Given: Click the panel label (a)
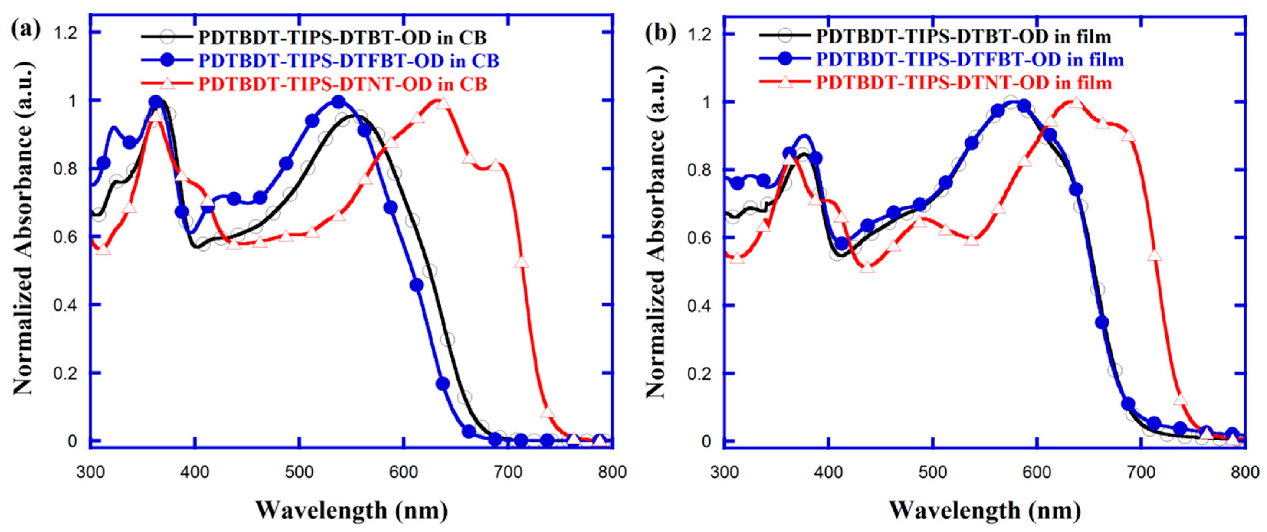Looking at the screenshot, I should (x=26, y=31).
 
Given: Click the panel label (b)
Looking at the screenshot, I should (x=660, y=33).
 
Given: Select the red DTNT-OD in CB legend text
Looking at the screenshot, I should (x=343, y=84).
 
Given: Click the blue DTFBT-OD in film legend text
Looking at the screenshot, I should (x=970, y=60).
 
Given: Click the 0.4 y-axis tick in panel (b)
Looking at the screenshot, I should (x=699, y=305).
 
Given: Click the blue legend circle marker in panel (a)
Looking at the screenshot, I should (x=168, y=61).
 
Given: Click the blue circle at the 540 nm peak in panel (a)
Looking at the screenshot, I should (x=338, y=102).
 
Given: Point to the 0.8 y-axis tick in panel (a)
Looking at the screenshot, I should (x=64, y=169).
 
